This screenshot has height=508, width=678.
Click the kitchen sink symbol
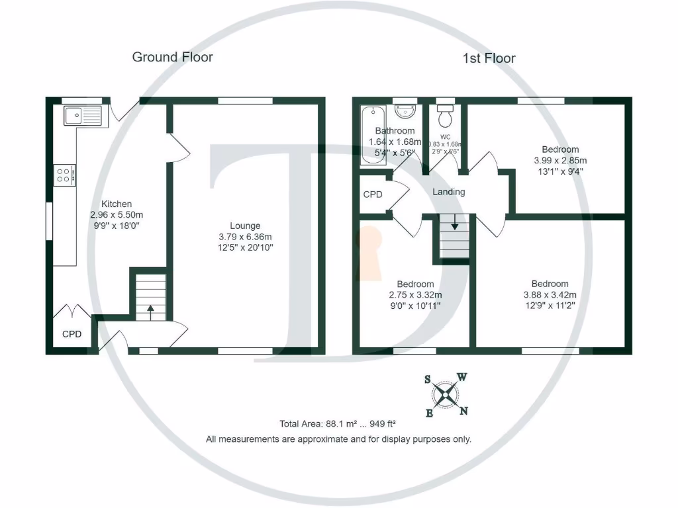coord(82,115)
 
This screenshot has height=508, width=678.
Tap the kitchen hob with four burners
coord(64,175)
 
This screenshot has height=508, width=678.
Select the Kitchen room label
coord(117,204)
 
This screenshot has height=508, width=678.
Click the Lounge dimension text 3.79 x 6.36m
coord(246,237)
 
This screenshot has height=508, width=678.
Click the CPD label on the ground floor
coord(72,334)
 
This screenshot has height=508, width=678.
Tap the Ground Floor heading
coord(172,57)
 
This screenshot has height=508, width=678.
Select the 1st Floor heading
coord(489,58)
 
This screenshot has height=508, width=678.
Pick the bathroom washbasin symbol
coord(403,110)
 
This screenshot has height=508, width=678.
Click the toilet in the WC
coord(446,116)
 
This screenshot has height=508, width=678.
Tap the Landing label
coord(449,192)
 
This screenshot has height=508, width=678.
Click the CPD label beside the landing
coord(373,194)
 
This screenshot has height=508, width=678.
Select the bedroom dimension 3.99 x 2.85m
coord(560,160)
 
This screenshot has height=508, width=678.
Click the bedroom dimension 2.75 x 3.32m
coord(416,295)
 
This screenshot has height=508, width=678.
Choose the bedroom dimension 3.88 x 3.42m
coord(550,295)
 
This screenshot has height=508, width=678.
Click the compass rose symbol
coord(447,396)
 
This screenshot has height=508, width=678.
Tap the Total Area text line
coord(338,423)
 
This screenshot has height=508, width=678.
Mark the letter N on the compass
coord(464,411)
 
